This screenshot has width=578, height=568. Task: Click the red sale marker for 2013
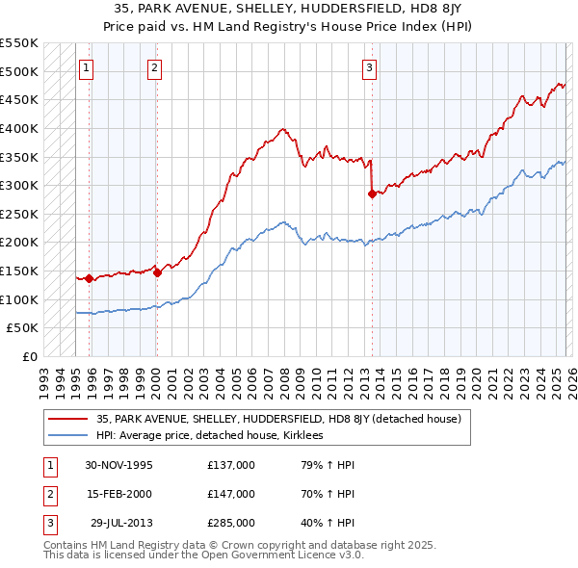point(371,194)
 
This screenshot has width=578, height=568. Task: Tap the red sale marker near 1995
point(90,278)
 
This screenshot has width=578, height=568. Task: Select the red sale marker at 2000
point(157,272)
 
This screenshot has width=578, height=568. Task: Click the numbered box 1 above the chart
point(88,67)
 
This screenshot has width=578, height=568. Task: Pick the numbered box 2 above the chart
point(155,67)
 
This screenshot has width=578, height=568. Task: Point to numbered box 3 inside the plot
point(370,67)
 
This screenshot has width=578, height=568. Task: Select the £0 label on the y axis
point(30,356)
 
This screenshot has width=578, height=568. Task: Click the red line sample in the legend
point(68,419)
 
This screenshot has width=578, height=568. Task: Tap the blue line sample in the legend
point(68,435)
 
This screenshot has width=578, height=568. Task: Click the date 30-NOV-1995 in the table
point(118,465)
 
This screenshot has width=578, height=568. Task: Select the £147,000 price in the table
point(231,494)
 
